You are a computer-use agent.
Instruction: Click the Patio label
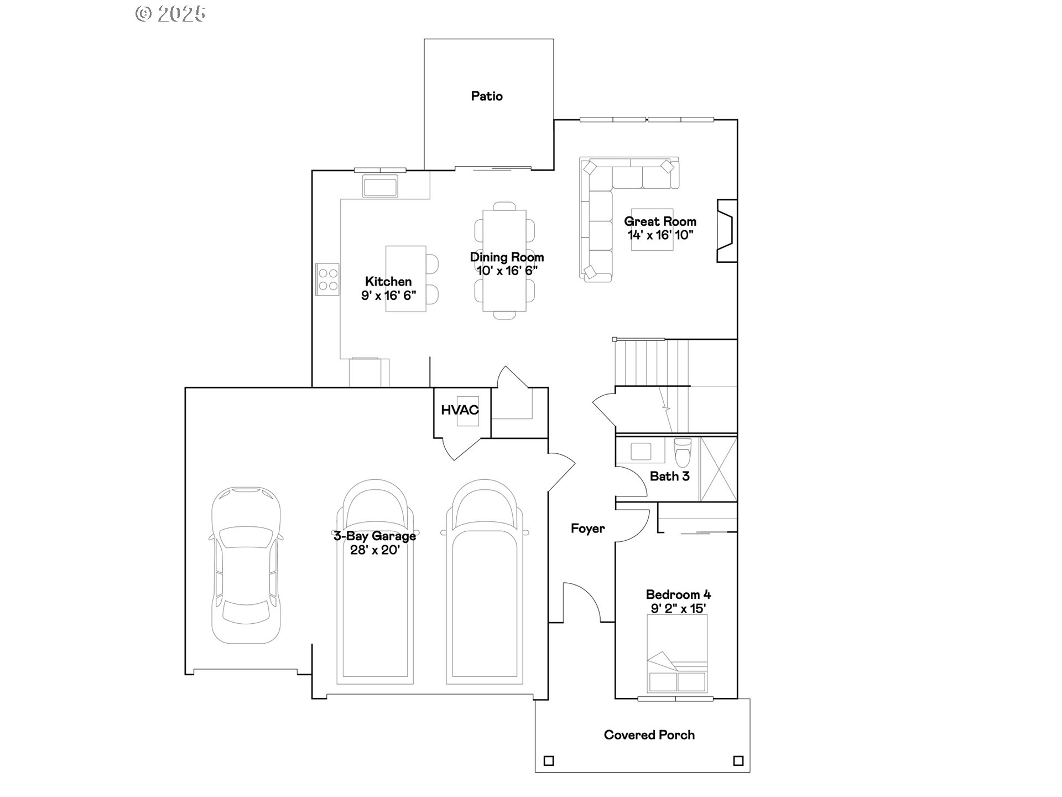click(487, 96)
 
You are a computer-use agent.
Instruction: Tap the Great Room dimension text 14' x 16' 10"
click(660, 235)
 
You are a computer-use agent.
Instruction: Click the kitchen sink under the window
click(380, 186)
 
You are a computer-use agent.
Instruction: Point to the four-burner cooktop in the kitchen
click(327, 280)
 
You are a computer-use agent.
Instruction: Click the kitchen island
click(405, 278)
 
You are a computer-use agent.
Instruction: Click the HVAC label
click(459, 410)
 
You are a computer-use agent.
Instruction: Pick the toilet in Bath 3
click(683, 452)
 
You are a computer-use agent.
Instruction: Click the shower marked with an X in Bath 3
click(719, 469)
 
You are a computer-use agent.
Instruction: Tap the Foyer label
click(587, 529)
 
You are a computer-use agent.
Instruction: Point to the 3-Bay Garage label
click(374, 536)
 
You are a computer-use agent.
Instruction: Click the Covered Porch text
click(649, 735)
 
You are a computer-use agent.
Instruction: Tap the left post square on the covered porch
click(549, 761)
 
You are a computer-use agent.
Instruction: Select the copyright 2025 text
click(170, 13)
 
